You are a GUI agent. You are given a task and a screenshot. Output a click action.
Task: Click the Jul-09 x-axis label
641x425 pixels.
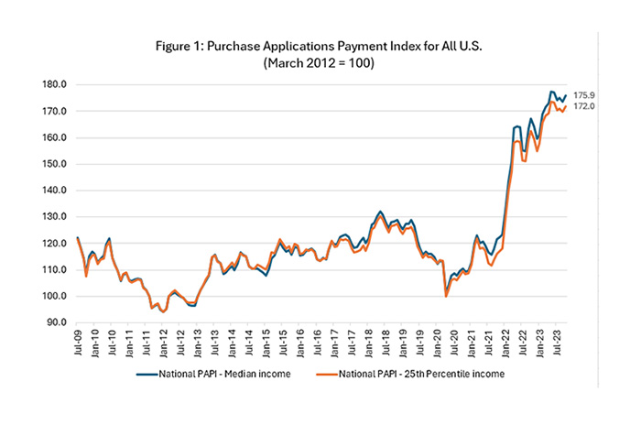(77, 343)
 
